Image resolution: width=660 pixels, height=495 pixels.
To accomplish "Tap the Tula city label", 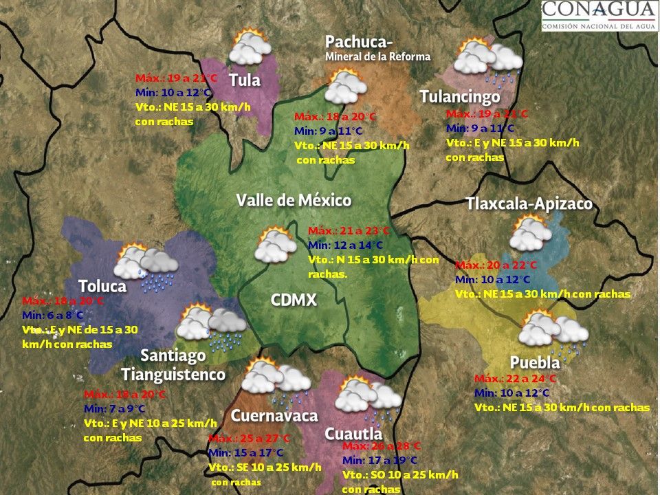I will (x=245, y=80).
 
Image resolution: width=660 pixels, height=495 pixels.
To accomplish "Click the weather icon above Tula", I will (x=250, y=47).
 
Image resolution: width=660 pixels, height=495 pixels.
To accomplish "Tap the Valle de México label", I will (x=294, y=200).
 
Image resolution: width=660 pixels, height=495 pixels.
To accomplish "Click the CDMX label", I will (x=294, y=300).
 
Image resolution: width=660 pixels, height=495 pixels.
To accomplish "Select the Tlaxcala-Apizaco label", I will (x=529, y=204).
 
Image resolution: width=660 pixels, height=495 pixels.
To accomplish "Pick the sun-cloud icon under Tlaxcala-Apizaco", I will (x=529, y=233).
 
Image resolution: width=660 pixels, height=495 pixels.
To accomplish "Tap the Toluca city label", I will (x=102, y=285).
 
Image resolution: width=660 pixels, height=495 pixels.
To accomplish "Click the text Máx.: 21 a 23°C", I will (x=349, y=231).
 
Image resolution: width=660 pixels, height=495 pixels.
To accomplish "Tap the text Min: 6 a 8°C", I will (x=53, y=316).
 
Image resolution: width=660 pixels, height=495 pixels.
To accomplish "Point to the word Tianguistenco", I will (x=173, y=374).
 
